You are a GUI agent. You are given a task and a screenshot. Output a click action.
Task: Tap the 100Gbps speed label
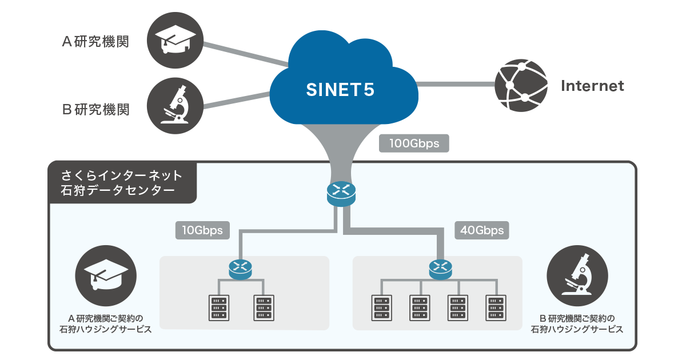[414, 143]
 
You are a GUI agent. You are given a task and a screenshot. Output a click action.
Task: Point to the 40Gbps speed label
[481, 230]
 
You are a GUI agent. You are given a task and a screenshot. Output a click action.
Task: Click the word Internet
[592, 86]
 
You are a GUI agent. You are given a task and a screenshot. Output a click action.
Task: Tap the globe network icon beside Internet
[520, 85]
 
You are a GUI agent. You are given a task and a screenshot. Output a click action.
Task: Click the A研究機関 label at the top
[95, 42]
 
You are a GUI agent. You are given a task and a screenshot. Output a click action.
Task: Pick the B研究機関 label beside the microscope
[95, 109]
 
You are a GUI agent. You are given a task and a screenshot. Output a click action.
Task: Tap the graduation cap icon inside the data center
[106, 275]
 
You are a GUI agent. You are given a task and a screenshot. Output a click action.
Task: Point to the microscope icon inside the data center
[577, 275]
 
